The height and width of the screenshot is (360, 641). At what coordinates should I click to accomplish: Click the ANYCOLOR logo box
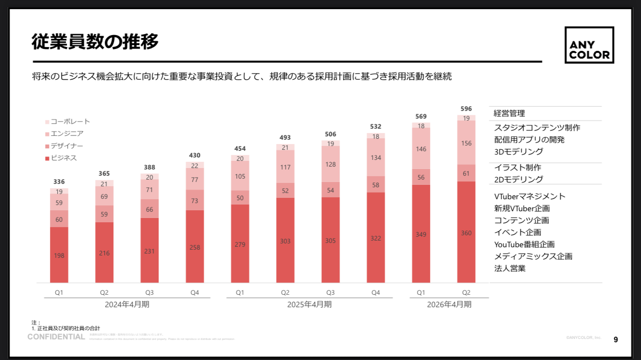pyautogui.click(x=589, y=45)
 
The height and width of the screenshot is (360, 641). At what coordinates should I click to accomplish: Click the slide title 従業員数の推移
pyautogui.click(x=95, y=42)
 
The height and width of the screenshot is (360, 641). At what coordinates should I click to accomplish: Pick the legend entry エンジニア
pyautogui.click(x=67, y=133)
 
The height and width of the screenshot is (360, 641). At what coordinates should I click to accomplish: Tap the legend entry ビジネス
pyautogui.click(x=63, y=158)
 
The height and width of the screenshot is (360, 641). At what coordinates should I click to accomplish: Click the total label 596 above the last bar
pyautogui.click(x=466, y=108)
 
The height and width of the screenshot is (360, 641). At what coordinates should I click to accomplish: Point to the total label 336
pyautogui.click(x=59, y=181)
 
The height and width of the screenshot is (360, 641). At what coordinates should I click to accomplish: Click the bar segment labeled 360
pyautogui.click(x=466, y=233)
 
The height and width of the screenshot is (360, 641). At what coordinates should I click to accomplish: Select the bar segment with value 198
pyautogui.click(x=59, y=255)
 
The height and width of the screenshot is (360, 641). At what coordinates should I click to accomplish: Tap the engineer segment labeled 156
pyautogui.click(x=466, y=143)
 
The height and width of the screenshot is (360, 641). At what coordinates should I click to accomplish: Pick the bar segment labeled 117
pyautogui.click(x=285, y=168)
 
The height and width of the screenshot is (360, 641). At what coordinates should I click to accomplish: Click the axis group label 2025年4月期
pyautogui.click(x=309, y=304)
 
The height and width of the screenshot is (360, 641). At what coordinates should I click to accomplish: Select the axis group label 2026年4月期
pyautogui.click(x=449, y=304)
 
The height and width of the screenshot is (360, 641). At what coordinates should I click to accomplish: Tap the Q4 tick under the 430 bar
pyautogui.click(x=195, y=292)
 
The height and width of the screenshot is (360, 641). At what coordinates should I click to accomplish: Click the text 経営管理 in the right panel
pyautogui.click(x=509, y=113)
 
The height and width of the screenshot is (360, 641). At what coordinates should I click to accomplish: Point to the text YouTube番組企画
pyautogui.click(x=524, y=244)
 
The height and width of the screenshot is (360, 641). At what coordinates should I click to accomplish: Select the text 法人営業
pyautogui.click(x=510, y=268)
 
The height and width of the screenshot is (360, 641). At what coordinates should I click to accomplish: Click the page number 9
pyautogui.click(x=616, y=340)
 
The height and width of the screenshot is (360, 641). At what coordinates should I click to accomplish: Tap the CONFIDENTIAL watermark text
pyautogui.click(x=56, y=336)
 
